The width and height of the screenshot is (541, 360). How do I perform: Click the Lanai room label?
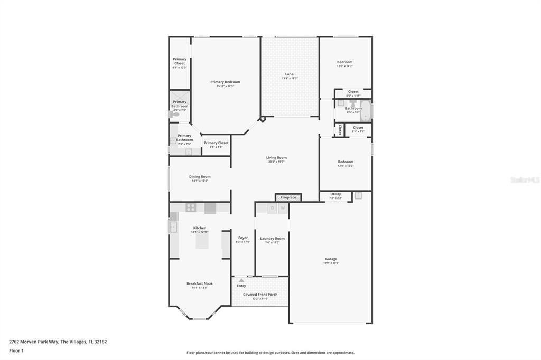point(290,74)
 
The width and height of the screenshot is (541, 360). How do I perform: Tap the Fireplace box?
point(288,197)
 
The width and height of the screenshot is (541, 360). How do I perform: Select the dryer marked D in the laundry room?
point(272,209)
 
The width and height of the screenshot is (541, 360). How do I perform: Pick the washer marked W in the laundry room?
point(283,209)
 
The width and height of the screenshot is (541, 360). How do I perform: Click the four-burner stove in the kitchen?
point(191,207)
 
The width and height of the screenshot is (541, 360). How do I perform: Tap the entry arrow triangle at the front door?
point(241,280)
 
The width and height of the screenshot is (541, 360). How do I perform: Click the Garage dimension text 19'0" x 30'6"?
point(331,263)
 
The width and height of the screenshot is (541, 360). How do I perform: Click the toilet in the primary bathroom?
point(176,114)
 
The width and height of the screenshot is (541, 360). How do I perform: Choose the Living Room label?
point(276,157)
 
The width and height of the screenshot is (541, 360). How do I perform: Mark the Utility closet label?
point(335,194)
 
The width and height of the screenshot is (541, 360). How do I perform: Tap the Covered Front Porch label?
point(260,295)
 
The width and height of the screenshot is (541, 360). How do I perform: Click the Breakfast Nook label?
point(200,283)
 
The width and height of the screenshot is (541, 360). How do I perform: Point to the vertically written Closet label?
point(340,130)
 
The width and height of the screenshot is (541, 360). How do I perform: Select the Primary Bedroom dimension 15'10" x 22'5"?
point(225,86)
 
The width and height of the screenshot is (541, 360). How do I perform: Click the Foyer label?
point(243,238)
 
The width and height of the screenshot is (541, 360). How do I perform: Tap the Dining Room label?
point(200,176)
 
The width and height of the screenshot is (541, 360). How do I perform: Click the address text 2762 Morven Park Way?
point(34,342)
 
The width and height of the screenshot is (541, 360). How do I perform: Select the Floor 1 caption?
point(16,350)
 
